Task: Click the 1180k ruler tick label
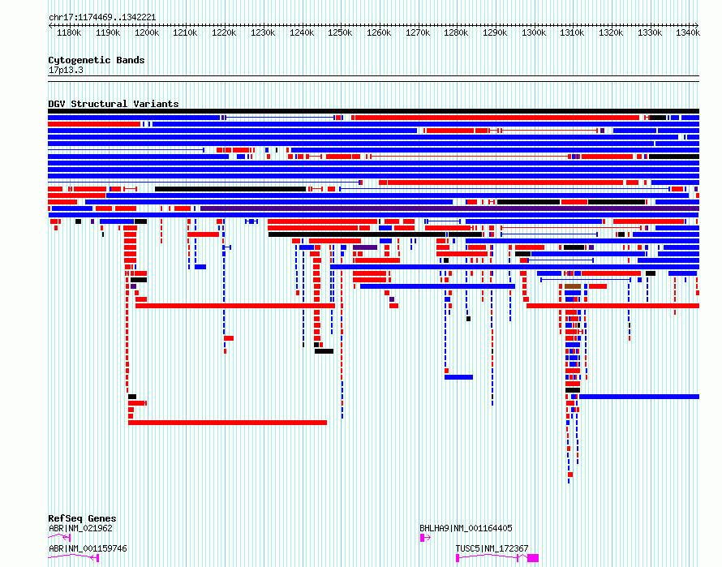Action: coord(69,33)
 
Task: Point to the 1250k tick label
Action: coord(340,33)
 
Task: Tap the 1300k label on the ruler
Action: coord(534,33)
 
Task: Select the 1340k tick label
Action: coord(688,33)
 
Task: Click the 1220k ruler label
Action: coord(224,33)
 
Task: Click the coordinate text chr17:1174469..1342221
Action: coord(102,18)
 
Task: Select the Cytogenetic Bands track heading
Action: coord(97,60)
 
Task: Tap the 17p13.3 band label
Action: coord(66,70)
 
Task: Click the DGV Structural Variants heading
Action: coord(114,104)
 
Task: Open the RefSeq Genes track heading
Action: coord(82,518)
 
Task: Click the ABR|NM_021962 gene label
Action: coord(80,528)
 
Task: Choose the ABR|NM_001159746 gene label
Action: coord(88,548)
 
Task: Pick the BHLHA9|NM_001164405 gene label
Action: coord(466,528)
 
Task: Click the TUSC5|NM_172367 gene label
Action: coord(492,548)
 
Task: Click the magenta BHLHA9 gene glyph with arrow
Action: coord(425,538)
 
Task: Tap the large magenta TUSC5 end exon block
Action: coord(533,558)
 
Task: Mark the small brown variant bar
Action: coord(573,286)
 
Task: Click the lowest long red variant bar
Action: coord(227,423)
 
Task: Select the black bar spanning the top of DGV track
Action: coord(373,111)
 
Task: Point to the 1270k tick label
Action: coord(418,33)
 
